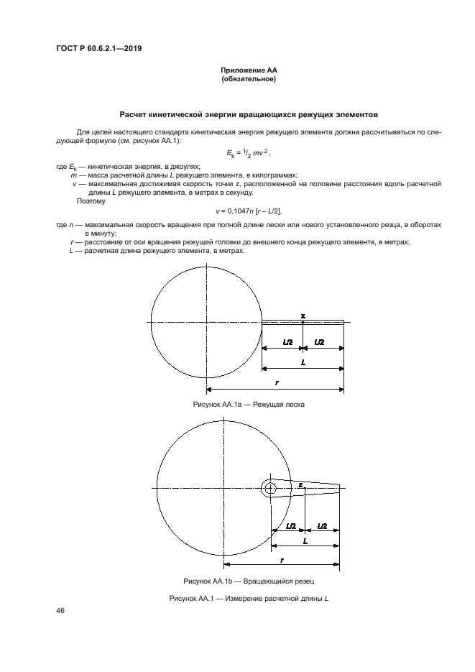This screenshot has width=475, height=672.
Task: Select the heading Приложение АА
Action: pyautogui.click(x=249, y=70)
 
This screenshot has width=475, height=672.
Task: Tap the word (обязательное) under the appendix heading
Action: pyautogui.click(x=249, y=79)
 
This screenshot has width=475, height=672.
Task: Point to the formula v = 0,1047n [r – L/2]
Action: pyautogui.click(x=249, y=210)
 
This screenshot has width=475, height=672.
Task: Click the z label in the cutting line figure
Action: pyautogui.click(x=303, y=316)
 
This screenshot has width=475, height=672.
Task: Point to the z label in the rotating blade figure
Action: pyautogui.click(x=300, y=485)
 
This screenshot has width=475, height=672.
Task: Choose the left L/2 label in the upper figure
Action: pyautogui.click(x=287, y=343)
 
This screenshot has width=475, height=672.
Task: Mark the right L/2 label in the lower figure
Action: pyautogui.click(x=323, y=526)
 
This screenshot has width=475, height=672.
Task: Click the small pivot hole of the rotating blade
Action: pyautogui.click(x=269, y=488)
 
